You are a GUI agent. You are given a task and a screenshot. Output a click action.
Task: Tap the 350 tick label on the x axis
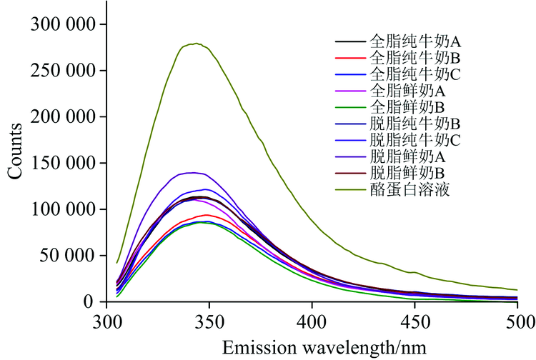point(209,319)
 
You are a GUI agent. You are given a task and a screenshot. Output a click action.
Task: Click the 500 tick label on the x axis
point(517,319)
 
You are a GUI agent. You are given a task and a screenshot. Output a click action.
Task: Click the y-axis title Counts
point(16,151)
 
